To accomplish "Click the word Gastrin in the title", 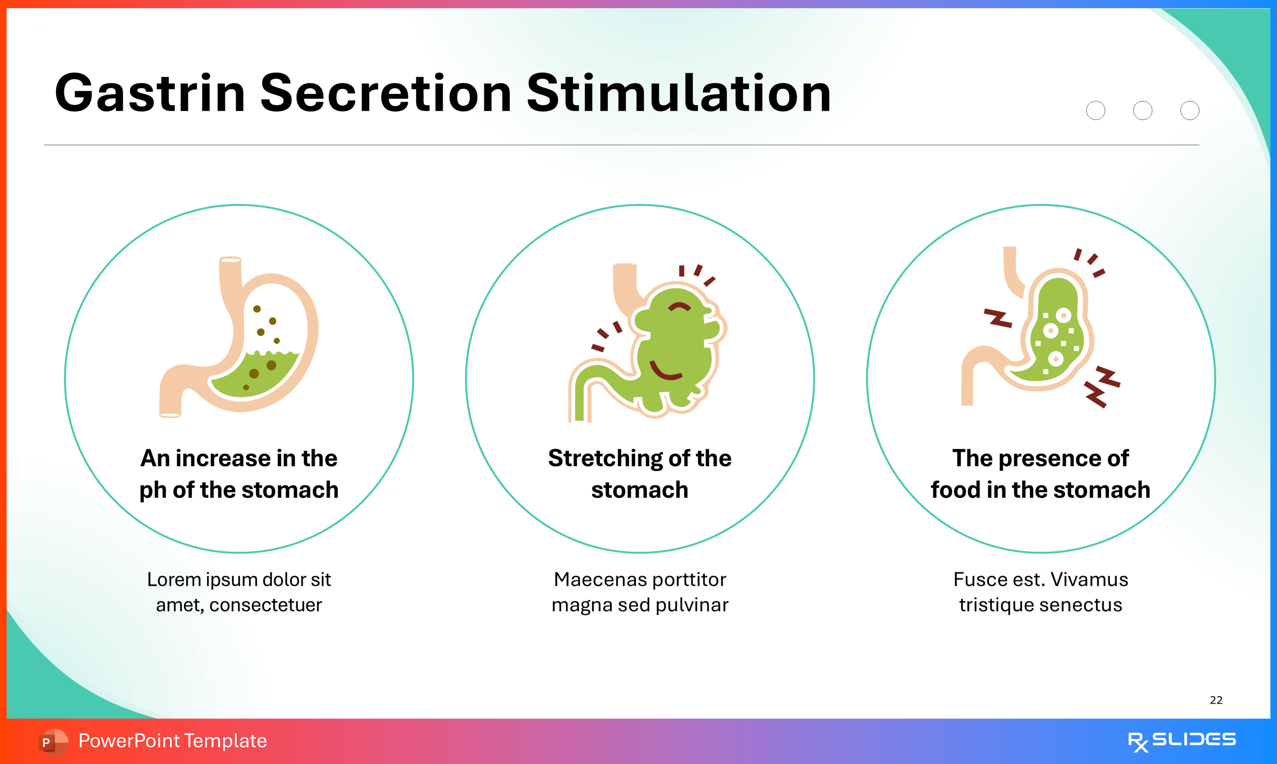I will coord(149,94).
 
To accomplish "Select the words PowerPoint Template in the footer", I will coord(172,741).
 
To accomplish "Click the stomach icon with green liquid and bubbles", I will coord(239,337).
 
